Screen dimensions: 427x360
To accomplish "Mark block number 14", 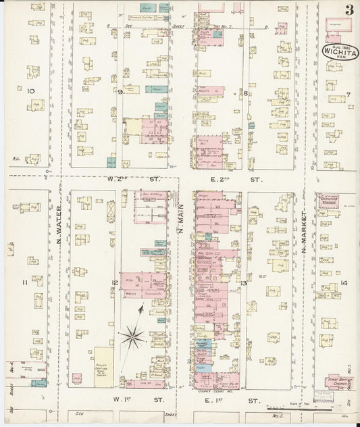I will point(344,282).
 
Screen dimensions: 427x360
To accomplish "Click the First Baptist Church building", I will point(339,382).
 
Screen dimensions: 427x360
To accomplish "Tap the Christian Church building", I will point(329,201).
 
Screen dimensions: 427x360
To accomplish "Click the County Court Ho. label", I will point(211,391).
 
